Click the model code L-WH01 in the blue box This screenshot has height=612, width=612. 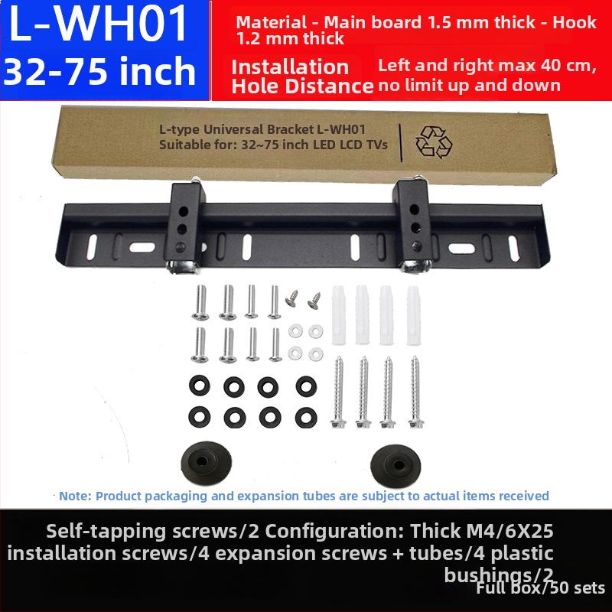(98, 24)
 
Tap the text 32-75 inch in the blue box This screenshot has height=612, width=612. (99, 71)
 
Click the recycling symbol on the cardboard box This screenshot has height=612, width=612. (434, 142)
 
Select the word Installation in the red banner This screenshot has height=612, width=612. (290, 67)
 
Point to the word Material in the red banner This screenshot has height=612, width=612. (271, 22)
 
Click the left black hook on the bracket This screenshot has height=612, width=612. (184, 226)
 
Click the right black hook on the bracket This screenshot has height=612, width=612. (415, 224)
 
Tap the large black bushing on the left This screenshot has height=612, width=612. (206, 463)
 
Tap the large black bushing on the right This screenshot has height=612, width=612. (396, 466)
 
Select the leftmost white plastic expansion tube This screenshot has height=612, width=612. (339, 315)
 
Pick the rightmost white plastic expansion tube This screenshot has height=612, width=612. (413, 316)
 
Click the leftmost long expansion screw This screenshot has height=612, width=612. (338, 392)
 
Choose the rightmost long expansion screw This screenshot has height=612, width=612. (415, 392)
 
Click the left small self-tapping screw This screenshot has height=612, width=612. (292, 298)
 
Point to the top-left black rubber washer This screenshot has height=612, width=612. (200, 386)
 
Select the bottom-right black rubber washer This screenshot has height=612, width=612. (306, 417)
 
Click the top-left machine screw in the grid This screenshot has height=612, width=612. (200, 302)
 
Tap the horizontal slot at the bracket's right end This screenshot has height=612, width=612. (461, 248)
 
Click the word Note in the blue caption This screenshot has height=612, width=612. (74, 496)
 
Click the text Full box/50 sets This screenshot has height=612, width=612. (541, 588)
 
